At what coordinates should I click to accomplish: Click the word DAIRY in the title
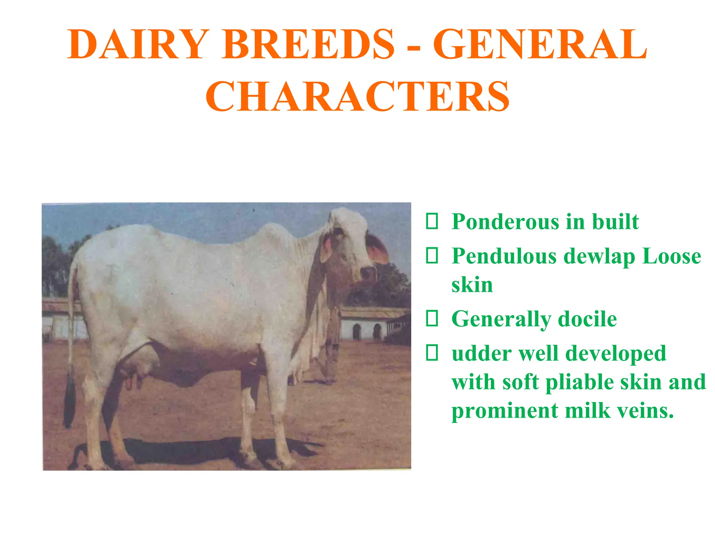pyautogui.click(x=138, y=45)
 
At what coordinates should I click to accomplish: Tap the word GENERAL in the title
pyautogui.click(x=540, y=45)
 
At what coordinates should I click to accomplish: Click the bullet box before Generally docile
pyautogui.click(x=432, y=319)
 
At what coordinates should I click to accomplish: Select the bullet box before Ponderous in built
pyautogui.click(x=432, y=222)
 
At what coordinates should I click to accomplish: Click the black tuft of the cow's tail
pyautogui.click(x=70, y=401)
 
